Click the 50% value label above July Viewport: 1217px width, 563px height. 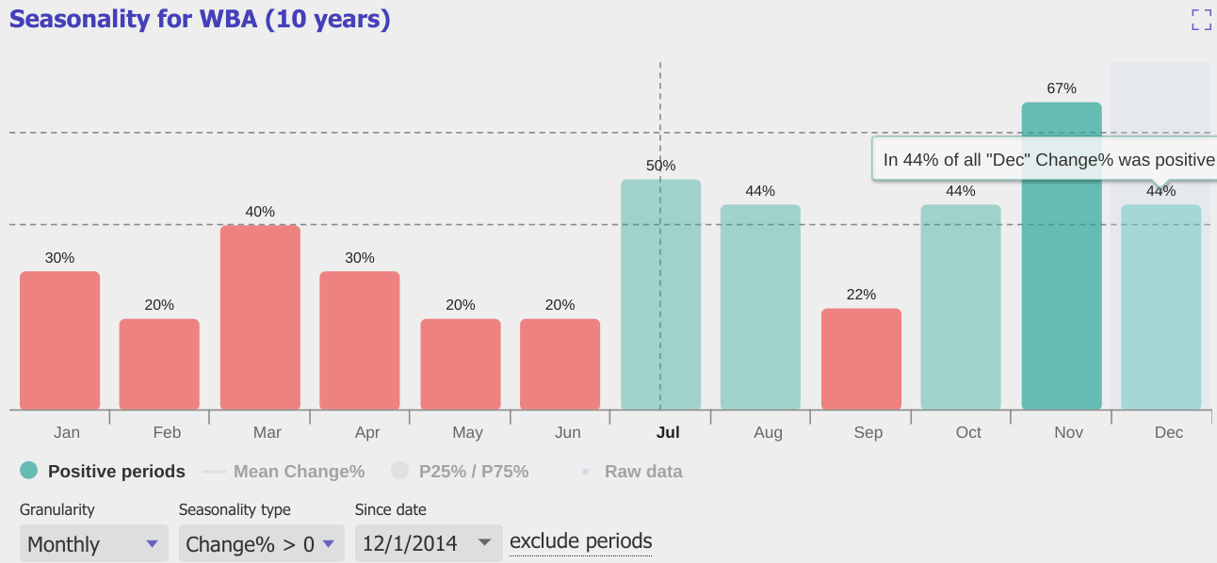point(660,166)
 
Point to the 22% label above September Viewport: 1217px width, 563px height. point(861,295)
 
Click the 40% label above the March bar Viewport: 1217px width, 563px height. point(260,212)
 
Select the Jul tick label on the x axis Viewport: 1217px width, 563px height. point(668,433)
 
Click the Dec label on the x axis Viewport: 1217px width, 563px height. point(1169,433)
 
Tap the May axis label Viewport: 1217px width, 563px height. point(467,433)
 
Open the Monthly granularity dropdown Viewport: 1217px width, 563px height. point(93,543)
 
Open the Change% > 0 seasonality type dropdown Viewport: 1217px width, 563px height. point(260,543)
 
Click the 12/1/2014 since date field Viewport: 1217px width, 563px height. point(428,543)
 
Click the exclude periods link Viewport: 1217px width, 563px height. point(580,541)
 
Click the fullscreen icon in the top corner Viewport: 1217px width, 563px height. point(1201,20)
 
